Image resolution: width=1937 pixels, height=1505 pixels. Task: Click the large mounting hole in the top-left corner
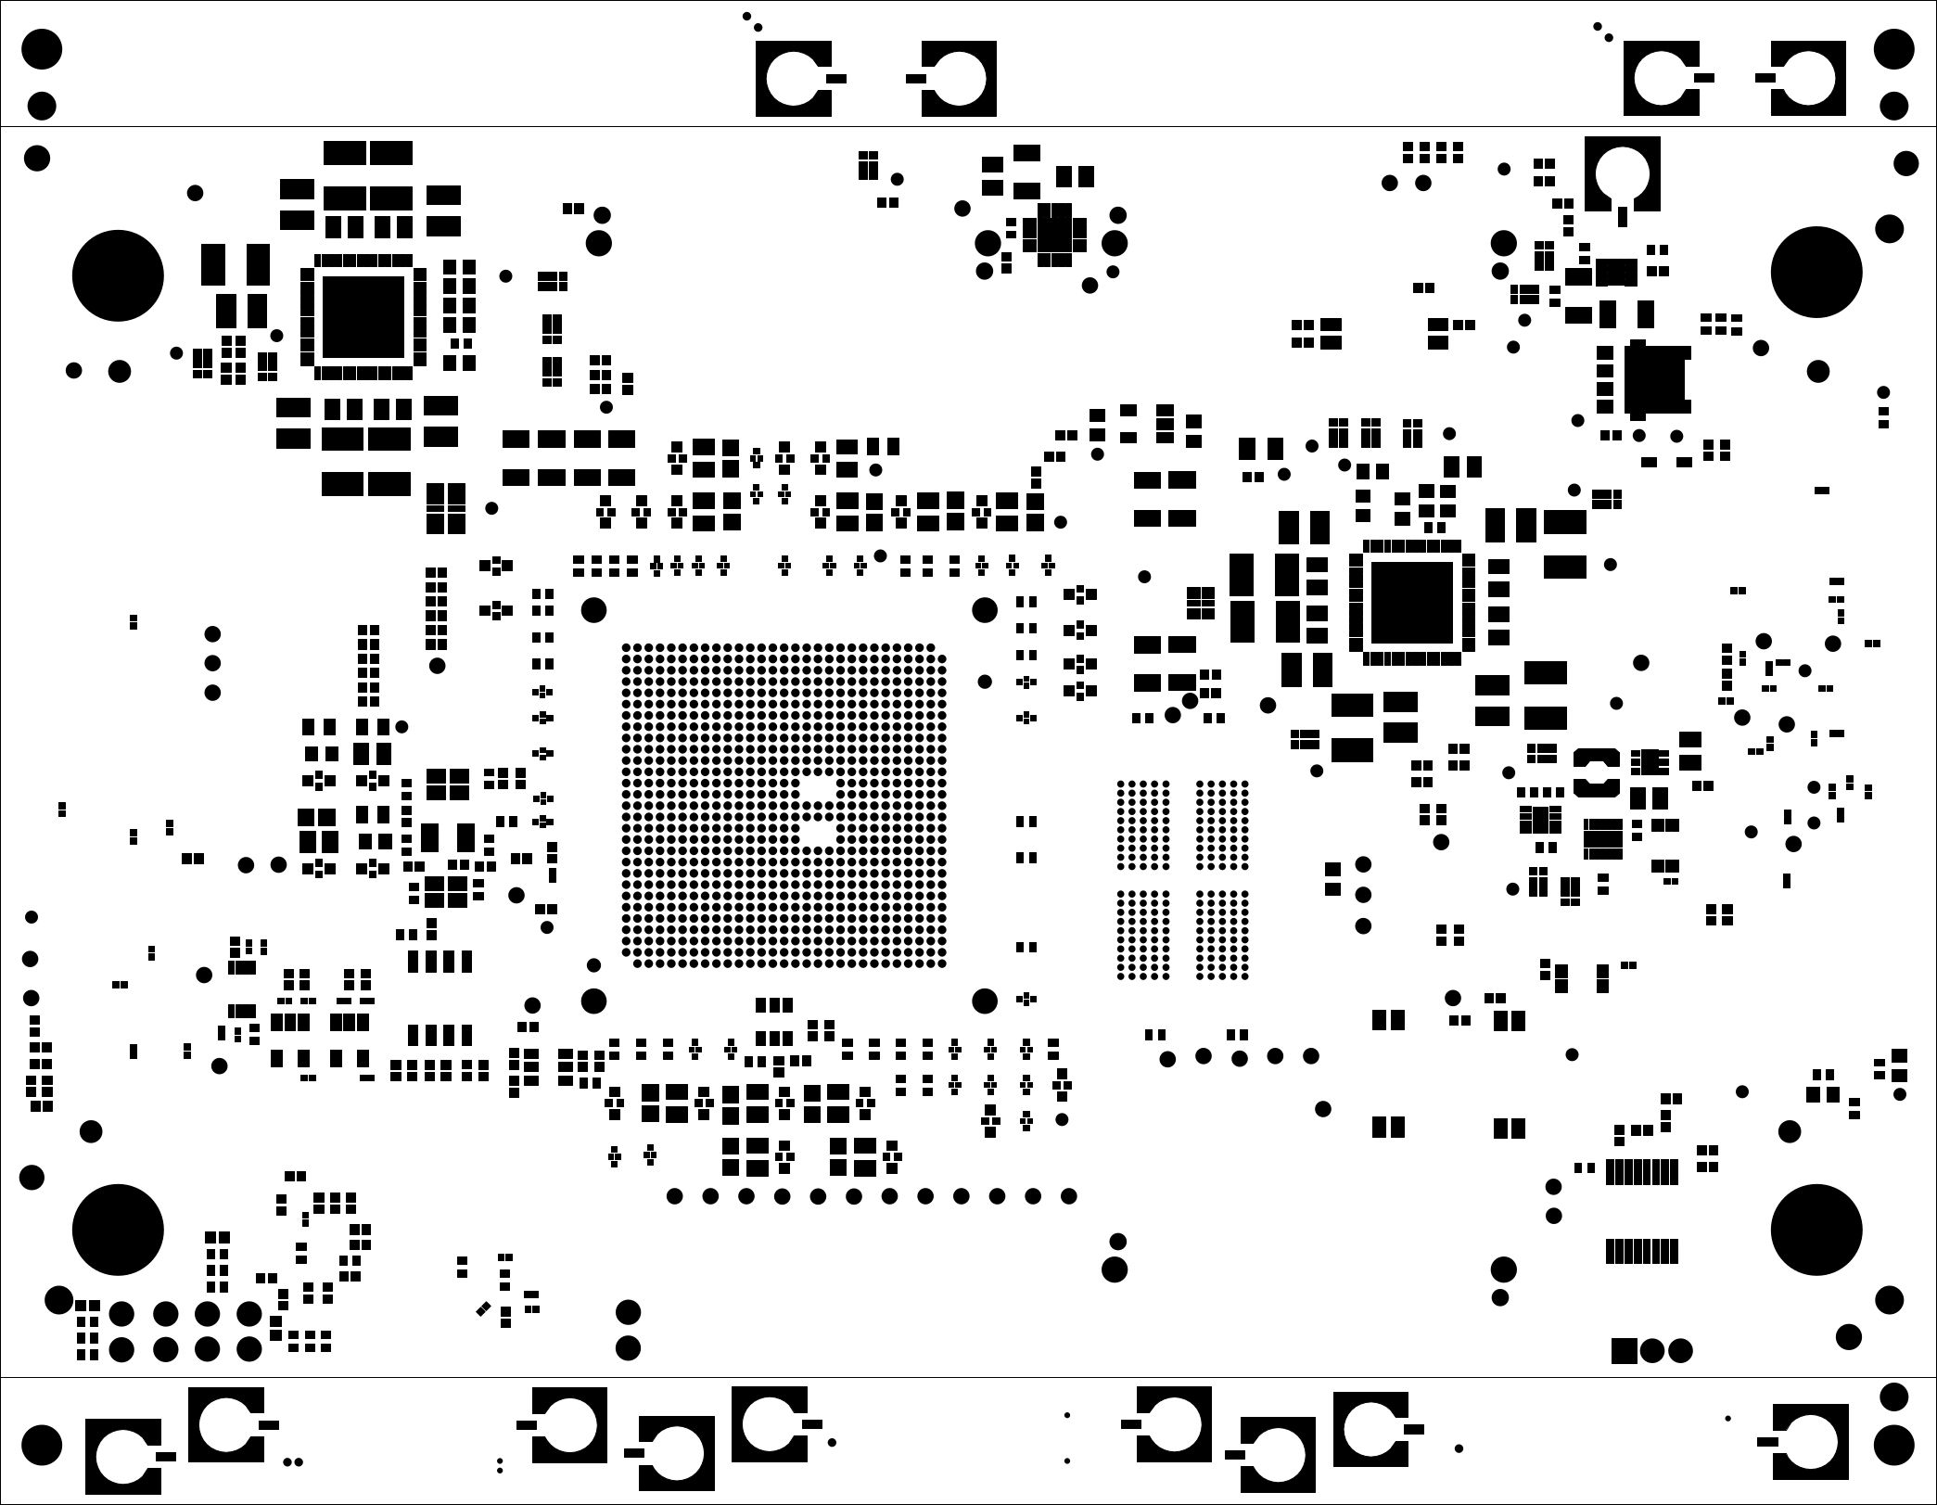click(118, 275)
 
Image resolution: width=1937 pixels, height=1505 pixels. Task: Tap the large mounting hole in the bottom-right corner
click(1816, 1230)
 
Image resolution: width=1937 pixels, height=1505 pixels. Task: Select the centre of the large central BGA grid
click(784, 805)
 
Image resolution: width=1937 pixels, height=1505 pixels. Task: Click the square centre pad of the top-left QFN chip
click(363, 317)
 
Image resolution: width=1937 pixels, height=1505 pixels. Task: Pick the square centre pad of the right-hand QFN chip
click(1411, 603)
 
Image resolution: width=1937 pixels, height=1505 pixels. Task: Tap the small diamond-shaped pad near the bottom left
click(482, 1308)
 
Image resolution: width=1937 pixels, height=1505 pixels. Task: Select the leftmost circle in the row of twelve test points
click(674, 1196)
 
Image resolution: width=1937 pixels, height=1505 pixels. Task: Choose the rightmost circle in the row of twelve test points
click(1068, 1196)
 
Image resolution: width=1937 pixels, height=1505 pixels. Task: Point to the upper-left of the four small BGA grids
click(1143, 825)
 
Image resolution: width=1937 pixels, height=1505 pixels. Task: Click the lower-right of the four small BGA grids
click(1222, 935)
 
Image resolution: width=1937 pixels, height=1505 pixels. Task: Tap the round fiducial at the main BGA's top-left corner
click(593, 610)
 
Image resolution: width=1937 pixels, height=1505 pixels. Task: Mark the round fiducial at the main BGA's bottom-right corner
click(985, 1001)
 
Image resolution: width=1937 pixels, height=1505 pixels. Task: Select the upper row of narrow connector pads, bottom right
click(1641, 1172)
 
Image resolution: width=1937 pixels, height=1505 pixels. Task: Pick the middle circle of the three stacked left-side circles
click(212, 663)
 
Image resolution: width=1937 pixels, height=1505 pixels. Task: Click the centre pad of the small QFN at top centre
click(1054, 233)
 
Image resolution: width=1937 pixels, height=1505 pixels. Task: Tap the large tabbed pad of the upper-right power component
click(1656, 379)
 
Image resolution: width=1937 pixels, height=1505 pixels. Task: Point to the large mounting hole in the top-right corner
click(1816, 273)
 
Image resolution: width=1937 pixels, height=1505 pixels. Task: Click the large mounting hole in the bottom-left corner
click(118, 1230)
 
